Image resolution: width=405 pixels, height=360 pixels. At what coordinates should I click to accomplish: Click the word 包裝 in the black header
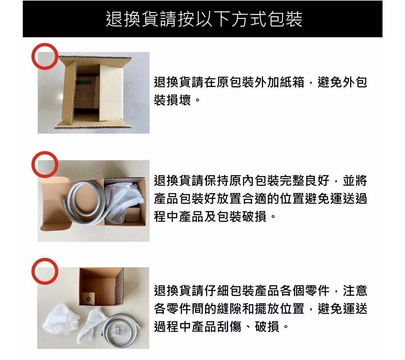[x=285, y=19]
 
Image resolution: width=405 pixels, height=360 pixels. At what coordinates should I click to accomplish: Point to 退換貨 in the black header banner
[x=132, y=19]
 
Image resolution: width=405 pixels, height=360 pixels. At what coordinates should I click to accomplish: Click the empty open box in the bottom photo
[x=101, y=287]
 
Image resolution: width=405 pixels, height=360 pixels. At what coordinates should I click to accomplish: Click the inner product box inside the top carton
[x=87, y=92]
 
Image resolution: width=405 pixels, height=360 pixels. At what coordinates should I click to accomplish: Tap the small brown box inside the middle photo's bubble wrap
[x=133, y=215]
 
